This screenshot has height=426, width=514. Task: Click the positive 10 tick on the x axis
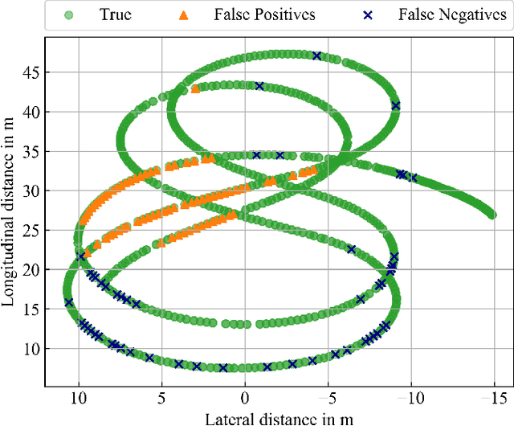(x=79, y=397)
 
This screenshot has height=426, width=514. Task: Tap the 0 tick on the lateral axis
(x=246, y=397)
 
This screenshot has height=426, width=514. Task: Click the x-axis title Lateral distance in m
(x=279, y=418)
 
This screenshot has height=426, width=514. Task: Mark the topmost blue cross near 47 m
(x=317, y=55)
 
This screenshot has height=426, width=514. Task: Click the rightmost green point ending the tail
(x=492, y=215)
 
